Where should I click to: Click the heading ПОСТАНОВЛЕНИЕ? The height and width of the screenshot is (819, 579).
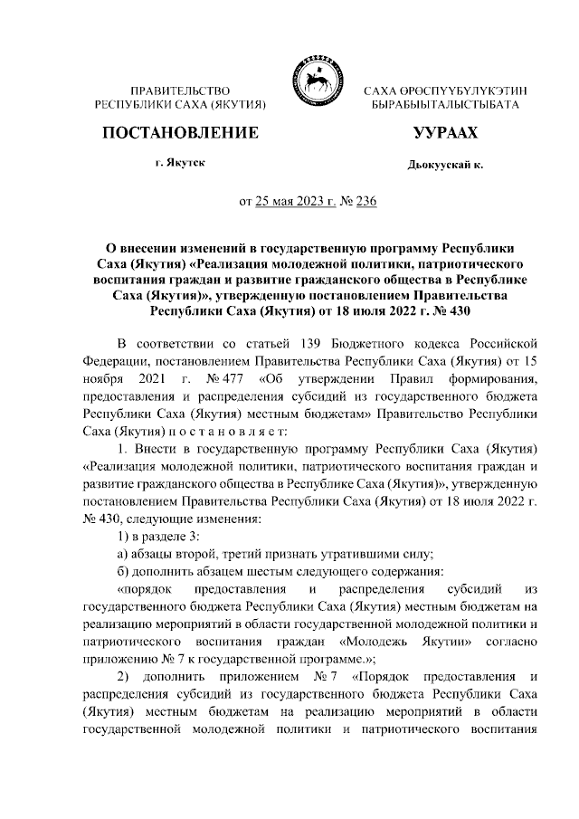tap(180, 133)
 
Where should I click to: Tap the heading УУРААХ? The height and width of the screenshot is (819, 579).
tap(444, 133)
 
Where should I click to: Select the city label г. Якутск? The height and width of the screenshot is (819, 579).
tap(179, 165)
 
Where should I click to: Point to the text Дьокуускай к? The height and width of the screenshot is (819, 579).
tap(445, 167)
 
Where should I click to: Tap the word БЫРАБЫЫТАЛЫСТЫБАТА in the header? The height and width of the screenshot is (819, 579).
tap(445, 106)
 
